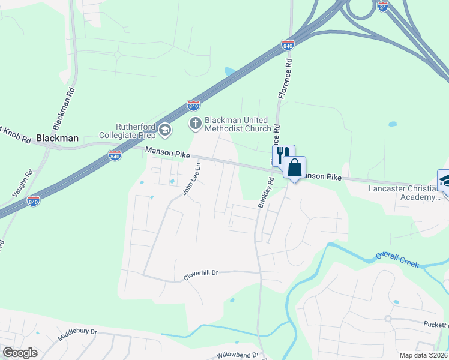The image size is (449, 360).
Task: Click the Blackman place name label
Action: click(x=57, y=138)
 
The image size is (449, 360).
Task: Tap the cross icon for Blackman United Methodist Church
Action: click(x=195, y=124)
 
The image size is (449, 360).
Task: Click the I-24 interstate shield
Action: click(x=383, y=7)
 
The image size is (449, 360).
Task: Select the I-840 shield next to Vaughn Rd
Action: click(x=34, y=202)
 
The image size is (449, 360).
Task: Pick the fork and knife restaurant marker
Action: click(x=283, y=155)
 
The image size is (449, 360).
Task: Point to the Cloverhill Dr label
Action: click(x=200, y=272)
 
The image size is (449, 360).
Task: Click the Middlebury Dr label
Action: click(x=77, y=334)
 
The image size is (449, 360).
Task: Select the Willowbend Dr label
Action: click(x=238, y=355)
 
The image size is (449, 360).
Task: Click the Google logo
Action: click(x=20, y=352)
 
